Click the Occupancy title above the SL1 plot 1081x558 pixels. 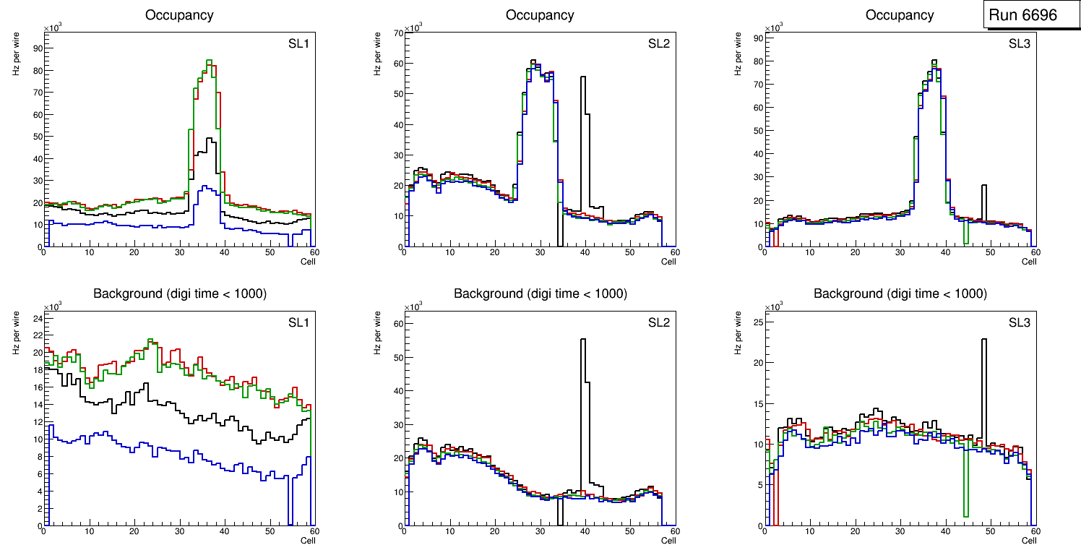tap(179, 15)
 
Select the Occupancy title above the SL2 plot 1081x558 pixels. tap(540, 15)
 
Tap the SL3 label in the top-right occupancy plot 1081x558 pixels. tap(1019, 44)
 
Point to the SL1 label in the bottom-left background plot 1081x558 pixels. tap(298, 323)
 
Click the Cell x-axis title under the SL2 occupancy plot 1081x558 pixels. tap(668, 262)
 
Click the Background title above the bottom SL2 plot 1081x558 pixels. tap(540, 294)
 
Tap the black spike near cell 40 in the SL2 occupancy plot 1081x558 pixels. tap(583, 80)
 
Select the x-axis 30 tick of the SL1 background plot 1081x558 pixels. tap(179, 533)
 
